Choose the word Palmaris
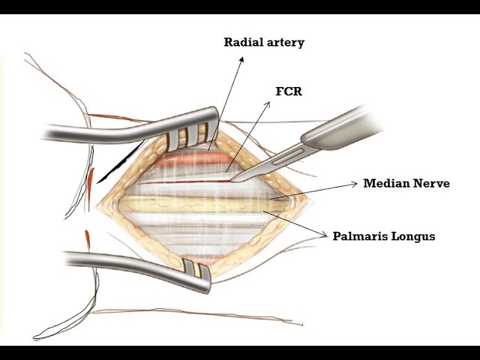pos(360,235)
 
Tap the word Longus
pos(414,236)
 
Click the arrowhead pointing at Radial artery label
pos(242,61)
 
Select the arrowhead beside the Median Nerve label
pos(356,184)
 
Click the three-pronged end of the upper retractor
pos(195,135)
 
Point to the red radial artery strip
pos(187,159)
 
